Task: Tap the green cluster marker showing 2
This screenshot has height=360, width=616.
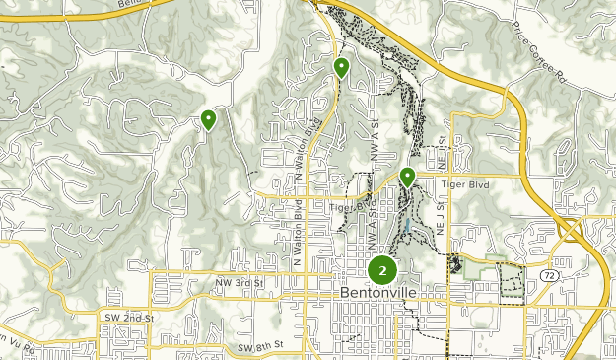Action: click(382, 270)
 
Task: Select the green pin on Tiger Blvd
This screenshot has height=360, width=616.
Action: click(407, 178)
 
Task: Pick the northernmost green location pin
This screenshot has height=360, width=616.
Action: click(341, 68)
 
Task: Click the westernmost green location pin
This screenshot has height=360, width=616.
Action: click(209, 120)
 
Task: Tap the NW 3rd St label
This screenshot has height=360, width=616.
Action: click(240, 283)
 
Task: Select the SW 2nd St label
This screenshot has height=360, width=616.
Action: click(129, 318)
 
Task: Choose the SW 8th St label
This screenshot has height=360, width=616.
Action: click(260, 346)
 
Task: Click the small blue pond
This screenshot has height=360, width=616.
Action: click(405, 230)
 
